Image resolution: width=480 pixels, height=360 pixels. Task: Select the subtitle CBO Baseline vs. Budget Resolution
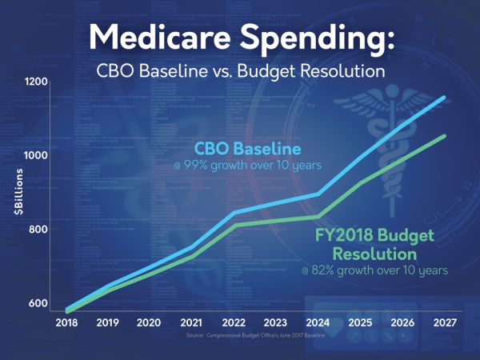[x=239, y=72]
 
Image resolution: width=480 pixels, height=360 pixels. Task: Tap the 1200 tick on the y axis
[x=38, y=82]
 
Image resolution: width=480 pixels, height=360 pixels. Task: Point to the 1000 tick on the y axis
[x=38, y=155]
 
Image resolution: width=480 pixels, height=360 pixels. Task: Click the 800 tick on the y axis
[x=39, y=230]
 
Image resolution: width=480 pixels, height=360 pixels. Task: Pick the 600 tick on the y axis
[x=39, y=303]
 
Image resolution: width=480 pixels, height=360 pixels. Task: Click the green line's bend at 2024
[x=319, y=216]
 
